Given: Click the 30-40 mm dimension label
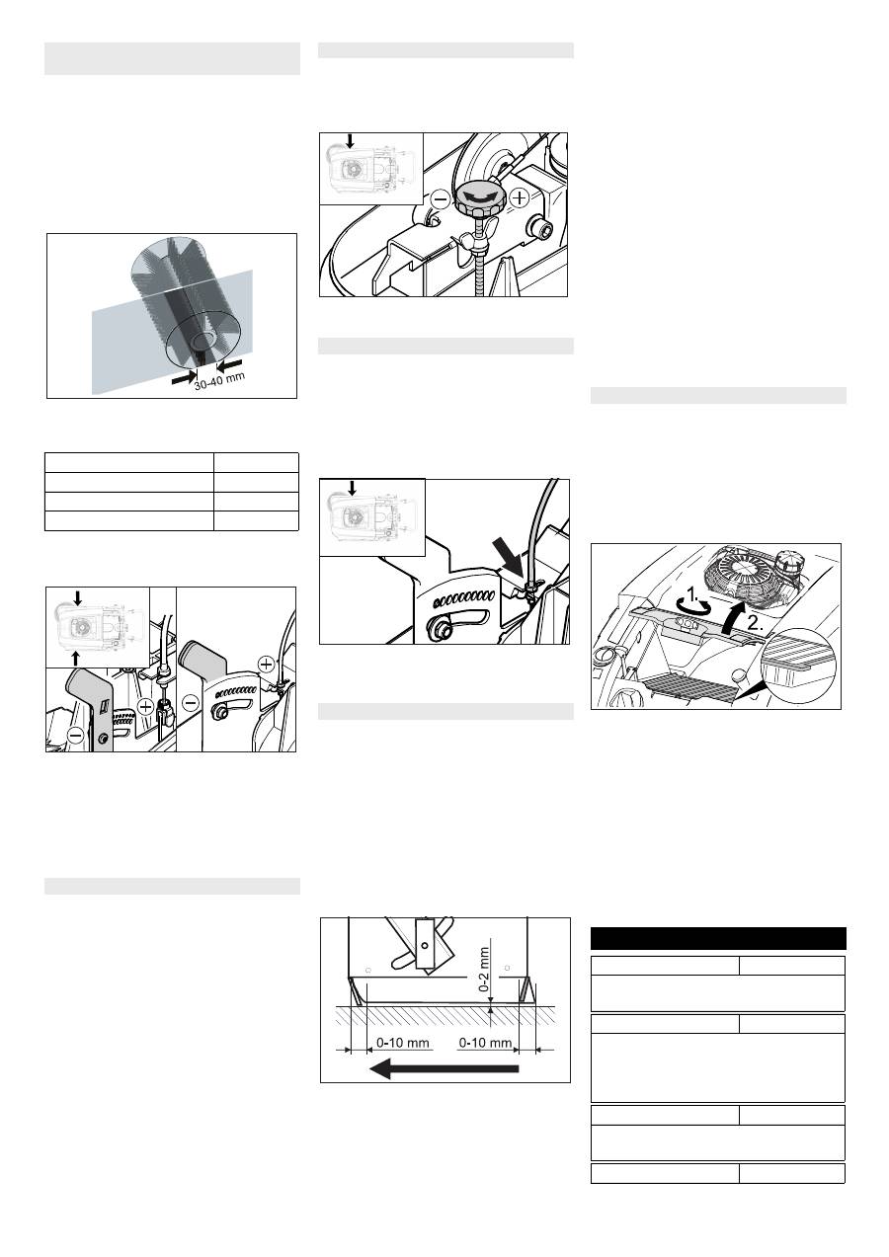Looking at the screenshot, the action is [x=220, y=381].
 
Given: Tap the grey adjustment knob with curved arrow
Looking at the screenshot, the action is [x=480, y=198].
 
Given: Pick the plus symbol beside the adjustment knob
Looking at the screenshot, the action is [x=521, y=197].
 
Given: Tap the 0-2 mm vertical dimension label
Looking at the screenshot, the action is [x=484, y=970].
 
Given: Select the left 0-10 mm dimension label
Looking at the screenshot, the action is [x=402, y=1043].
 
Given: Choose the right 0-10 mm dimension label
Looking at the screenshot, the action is [x=485, y=1043].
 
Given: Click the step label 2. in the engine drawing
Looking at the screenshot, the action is [x=755, y=623].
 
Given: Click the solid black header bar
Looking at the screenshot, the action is [x=718, y=938].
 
